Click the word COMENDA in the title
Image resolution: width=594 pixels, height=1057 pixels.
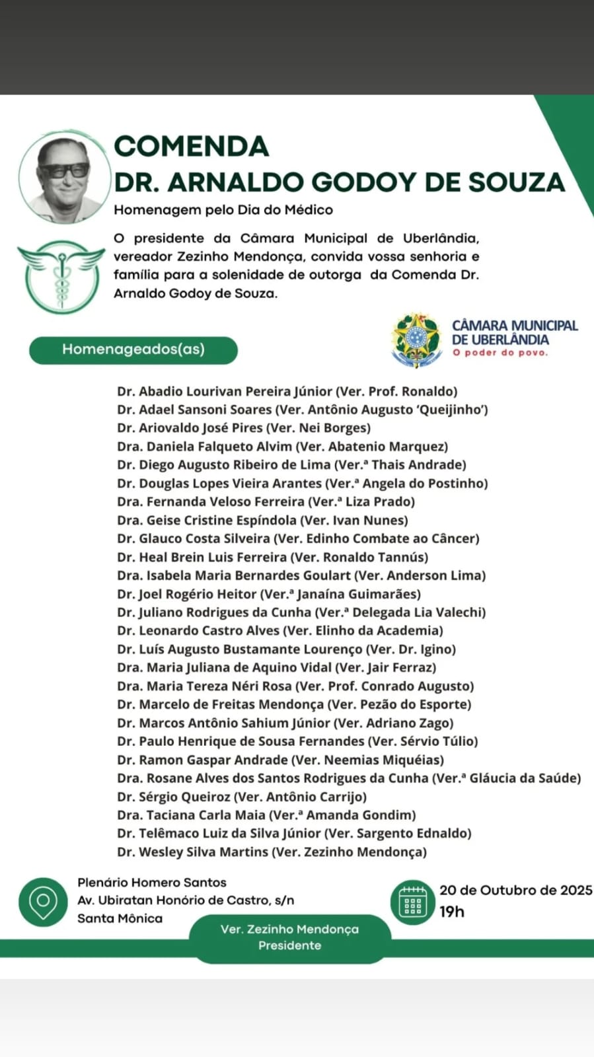(192, 147)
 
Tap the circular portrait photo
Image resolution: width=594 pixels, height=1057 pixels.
(64, 177)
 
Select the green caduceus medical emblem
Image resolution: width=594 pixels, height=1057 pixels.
(61, 275)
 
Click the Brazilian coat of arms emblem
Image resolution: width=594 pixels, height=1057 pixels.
(416, 340)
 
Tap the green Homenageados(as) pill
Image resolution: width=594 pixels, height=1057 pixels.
(133, 349)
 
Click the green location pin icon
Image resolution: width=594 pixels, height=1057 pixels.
(44, 901)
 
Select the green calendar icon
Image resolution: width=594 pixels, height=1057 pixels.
(413, 902)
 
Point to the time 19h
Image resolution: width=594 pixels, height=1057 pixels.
(452, 912)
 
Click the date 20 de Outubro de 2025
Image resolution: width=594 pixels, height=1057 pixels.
(515, 891)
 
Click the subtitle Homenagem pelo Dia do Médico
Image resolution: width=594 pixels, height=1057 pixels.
(223, 210)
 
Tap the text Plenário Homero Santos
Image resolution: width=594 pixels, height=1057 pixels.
(152, 883)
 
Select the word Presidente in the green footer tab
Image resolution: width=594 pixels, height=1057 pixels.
(289, 945)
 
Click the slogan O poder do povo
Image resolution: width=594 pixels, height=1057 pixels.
(500, 353)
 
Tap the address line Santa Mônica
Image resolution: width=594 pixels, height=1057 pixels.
(120, 918)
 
